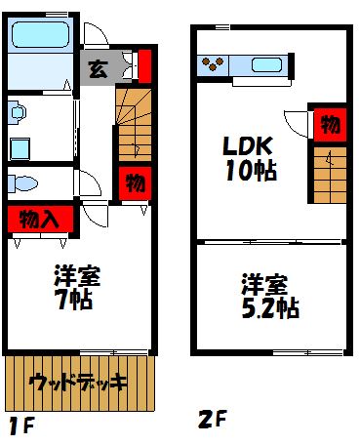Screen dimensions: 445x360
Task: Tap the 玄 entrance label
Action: click(98, 70)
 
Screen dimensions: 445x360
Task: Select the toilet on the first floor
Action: click(23, 182)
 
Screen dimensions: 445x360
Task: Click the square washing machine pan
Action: click(20, 147)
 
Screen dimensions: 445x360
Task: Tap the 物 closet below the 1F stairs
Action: click(136, 182)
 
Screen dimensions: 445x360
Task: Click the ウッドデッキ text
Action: click(78, 381)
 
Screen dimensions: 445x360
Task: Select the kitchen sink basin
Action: click(265, 66)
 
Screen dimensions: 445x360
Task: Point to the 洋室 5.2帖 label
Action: click(268, 298)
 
